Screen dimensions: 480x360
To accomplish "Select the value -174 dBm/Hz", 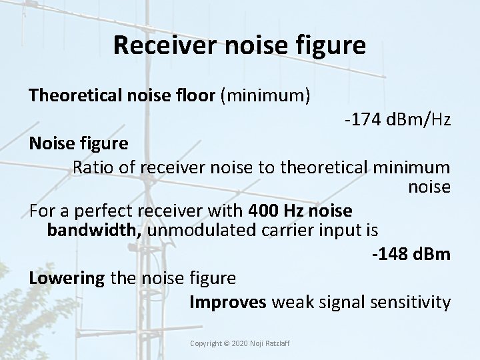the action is pyautogui.click(x=397, y=121).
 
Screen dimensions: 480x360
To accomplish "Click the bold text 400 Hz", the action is pyautogui.click(x=273, y=210).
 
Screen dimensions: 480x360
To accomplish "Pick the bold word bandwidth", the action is pyautogui.click(x=93, y=231).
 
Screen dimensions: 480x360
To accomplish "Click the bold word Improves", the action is pyautogui.click(x=228, y=302).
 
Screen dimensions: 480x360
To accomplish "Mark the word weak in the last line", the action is pyautogui.click(x=293, y=302).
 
